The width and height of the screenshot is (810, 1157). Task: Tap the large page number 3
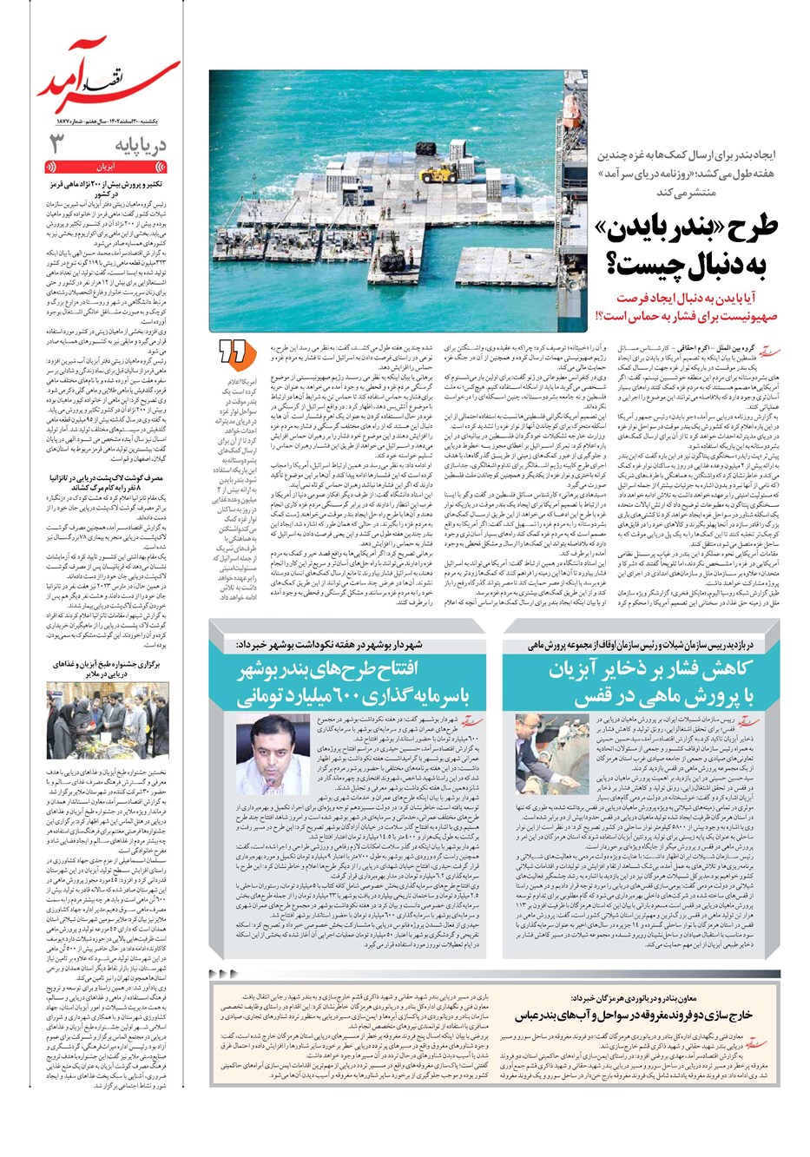[x=56, y=143]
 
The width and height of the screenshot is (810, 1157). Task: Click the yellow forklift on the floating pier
[x=433, y=173]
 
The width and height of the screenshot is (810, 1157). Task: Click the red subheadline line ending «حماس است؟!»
[x=686, y=318]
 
